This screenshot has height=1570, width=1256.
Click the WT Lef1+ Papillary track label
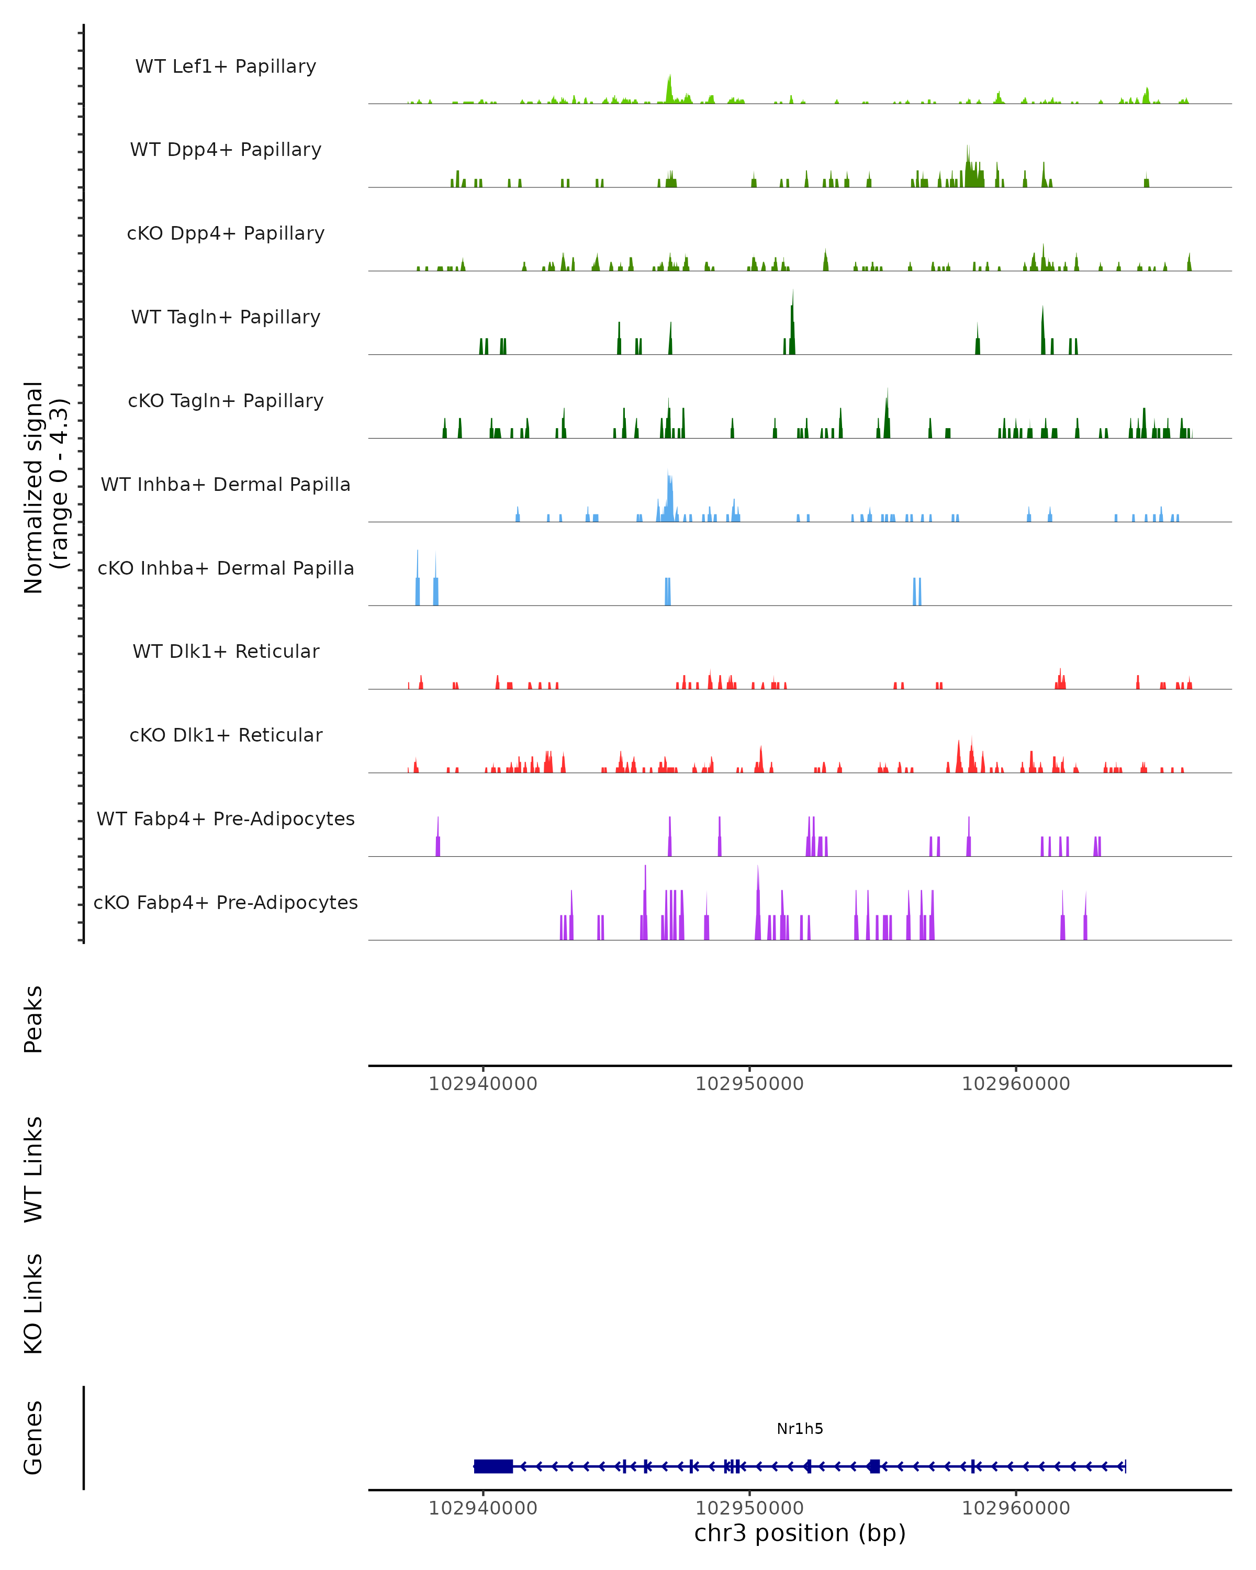(x=226, y=66)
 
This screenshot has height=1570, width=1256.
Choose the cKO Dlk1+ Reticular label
(x=226, y=735)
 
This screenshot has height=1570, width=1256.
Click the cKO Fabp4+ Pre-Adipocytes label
(x=226, y=902)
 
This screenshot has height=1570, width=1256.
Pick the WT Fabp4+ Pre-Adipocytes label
(x=226, y=818)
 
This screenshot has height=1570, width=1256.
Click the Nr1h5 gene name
(x=800, y=1429)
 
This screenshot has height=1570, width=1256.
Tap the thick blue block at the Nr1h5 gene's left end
(x=493, y=1466)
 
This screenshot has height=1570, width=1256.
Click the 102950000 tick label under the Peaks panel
(x=749, y=1084)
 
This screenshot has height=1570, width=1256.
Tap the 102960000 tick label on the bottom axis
(x=1016, y=1508)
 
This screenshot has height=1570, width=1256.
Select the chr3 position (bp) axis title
(x=800, y=1533)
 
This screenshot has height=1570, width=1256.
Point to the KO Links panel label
(x=33, y=1304)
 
